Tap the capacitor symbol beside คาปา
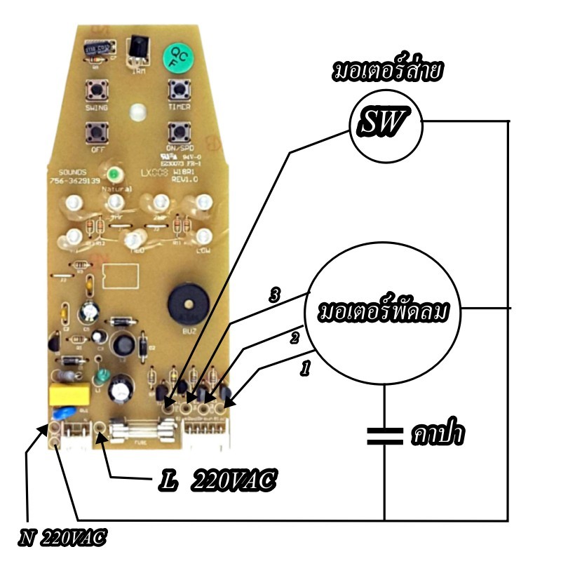point(385,435)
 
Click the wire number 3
point(276,296)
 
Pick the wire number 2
point(295,339)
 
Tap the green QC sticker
point(175,60)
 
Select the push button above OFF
point(95,131)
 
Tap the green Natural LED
point(111,175)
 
